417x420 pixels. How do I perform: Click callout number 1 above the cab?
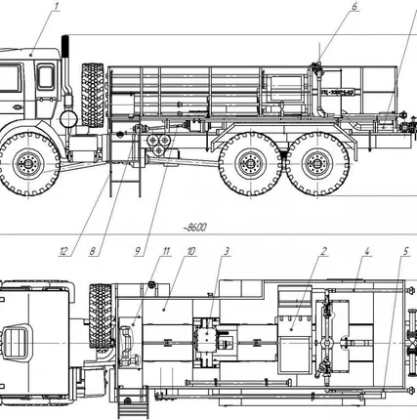[x=58, y=8]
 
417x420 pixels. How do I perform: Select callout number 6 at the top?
[x=354, y=8]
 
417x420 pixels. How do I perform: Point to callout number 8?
[x=94, y=251]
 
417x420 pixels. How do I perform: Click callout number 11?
[x=166, y=251]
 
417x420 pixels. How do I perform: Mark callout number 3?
[x=226, y=251]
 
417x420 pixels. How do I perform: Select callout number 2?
[x=321, y=251]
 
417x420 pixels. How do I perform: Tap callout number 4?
[x=366, y=251]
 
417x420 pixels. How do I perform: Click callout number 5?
[x=404, y=251]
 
